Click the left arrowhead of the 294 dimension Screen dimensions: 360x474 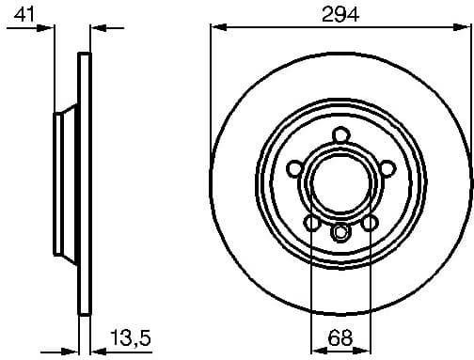(215, 29)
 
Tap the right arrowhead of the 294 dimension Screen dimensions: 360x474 (465, 29)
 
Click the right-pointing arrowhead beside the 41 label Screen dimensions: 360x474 (48, 29)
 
